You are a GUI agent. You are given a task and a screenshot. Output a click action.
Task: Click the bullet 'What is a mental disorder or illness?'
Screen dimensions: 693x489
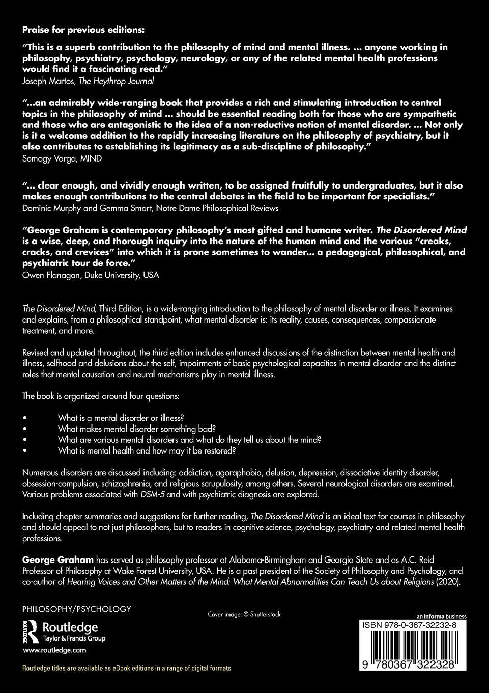tap(121, 416)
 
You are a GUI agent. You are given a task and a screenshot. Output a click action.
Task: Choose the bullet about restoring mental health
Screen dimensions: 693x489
tap(147, 451)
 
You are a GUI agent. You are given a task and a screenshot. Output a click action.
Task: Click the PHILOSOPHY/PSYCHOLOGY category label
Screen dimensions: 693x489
tap(77, 609)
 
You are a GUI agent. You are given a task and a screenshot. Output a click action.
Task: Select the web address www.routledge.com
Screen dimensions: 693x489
tap(54, 650)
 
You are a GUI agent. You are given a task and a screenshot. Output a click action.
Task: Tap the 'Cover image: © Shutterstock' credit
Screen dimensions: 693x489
tap(244, 614)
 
